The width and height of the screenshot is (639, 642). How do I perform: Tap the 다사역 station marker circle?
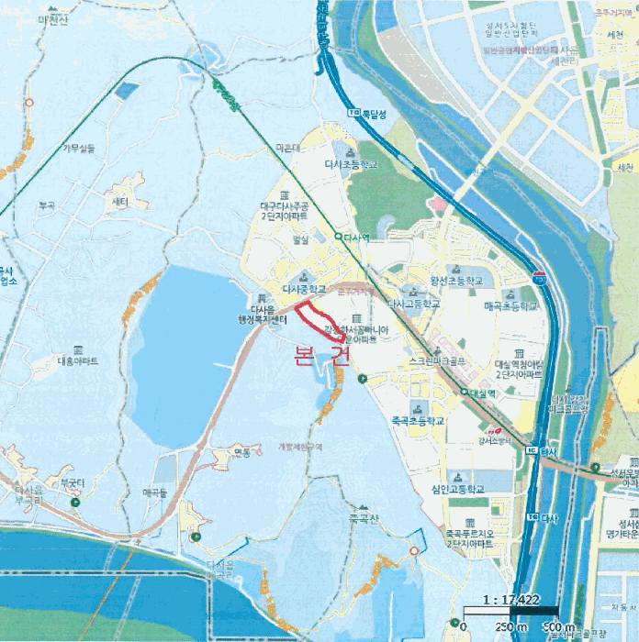point(338,237)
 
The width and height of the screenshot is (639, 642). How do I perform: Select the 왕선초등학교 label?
point(450,281)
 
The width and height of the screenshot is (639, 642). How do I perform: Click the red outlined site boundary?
point(320,321)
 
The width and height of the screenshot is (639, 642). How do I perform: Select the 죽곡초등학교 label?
point(418,421)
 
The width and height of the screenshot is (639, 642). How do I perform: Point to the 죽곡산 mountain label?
point(362,519)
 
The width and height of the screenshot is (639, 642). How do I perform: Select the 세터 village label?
point(118,201)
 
